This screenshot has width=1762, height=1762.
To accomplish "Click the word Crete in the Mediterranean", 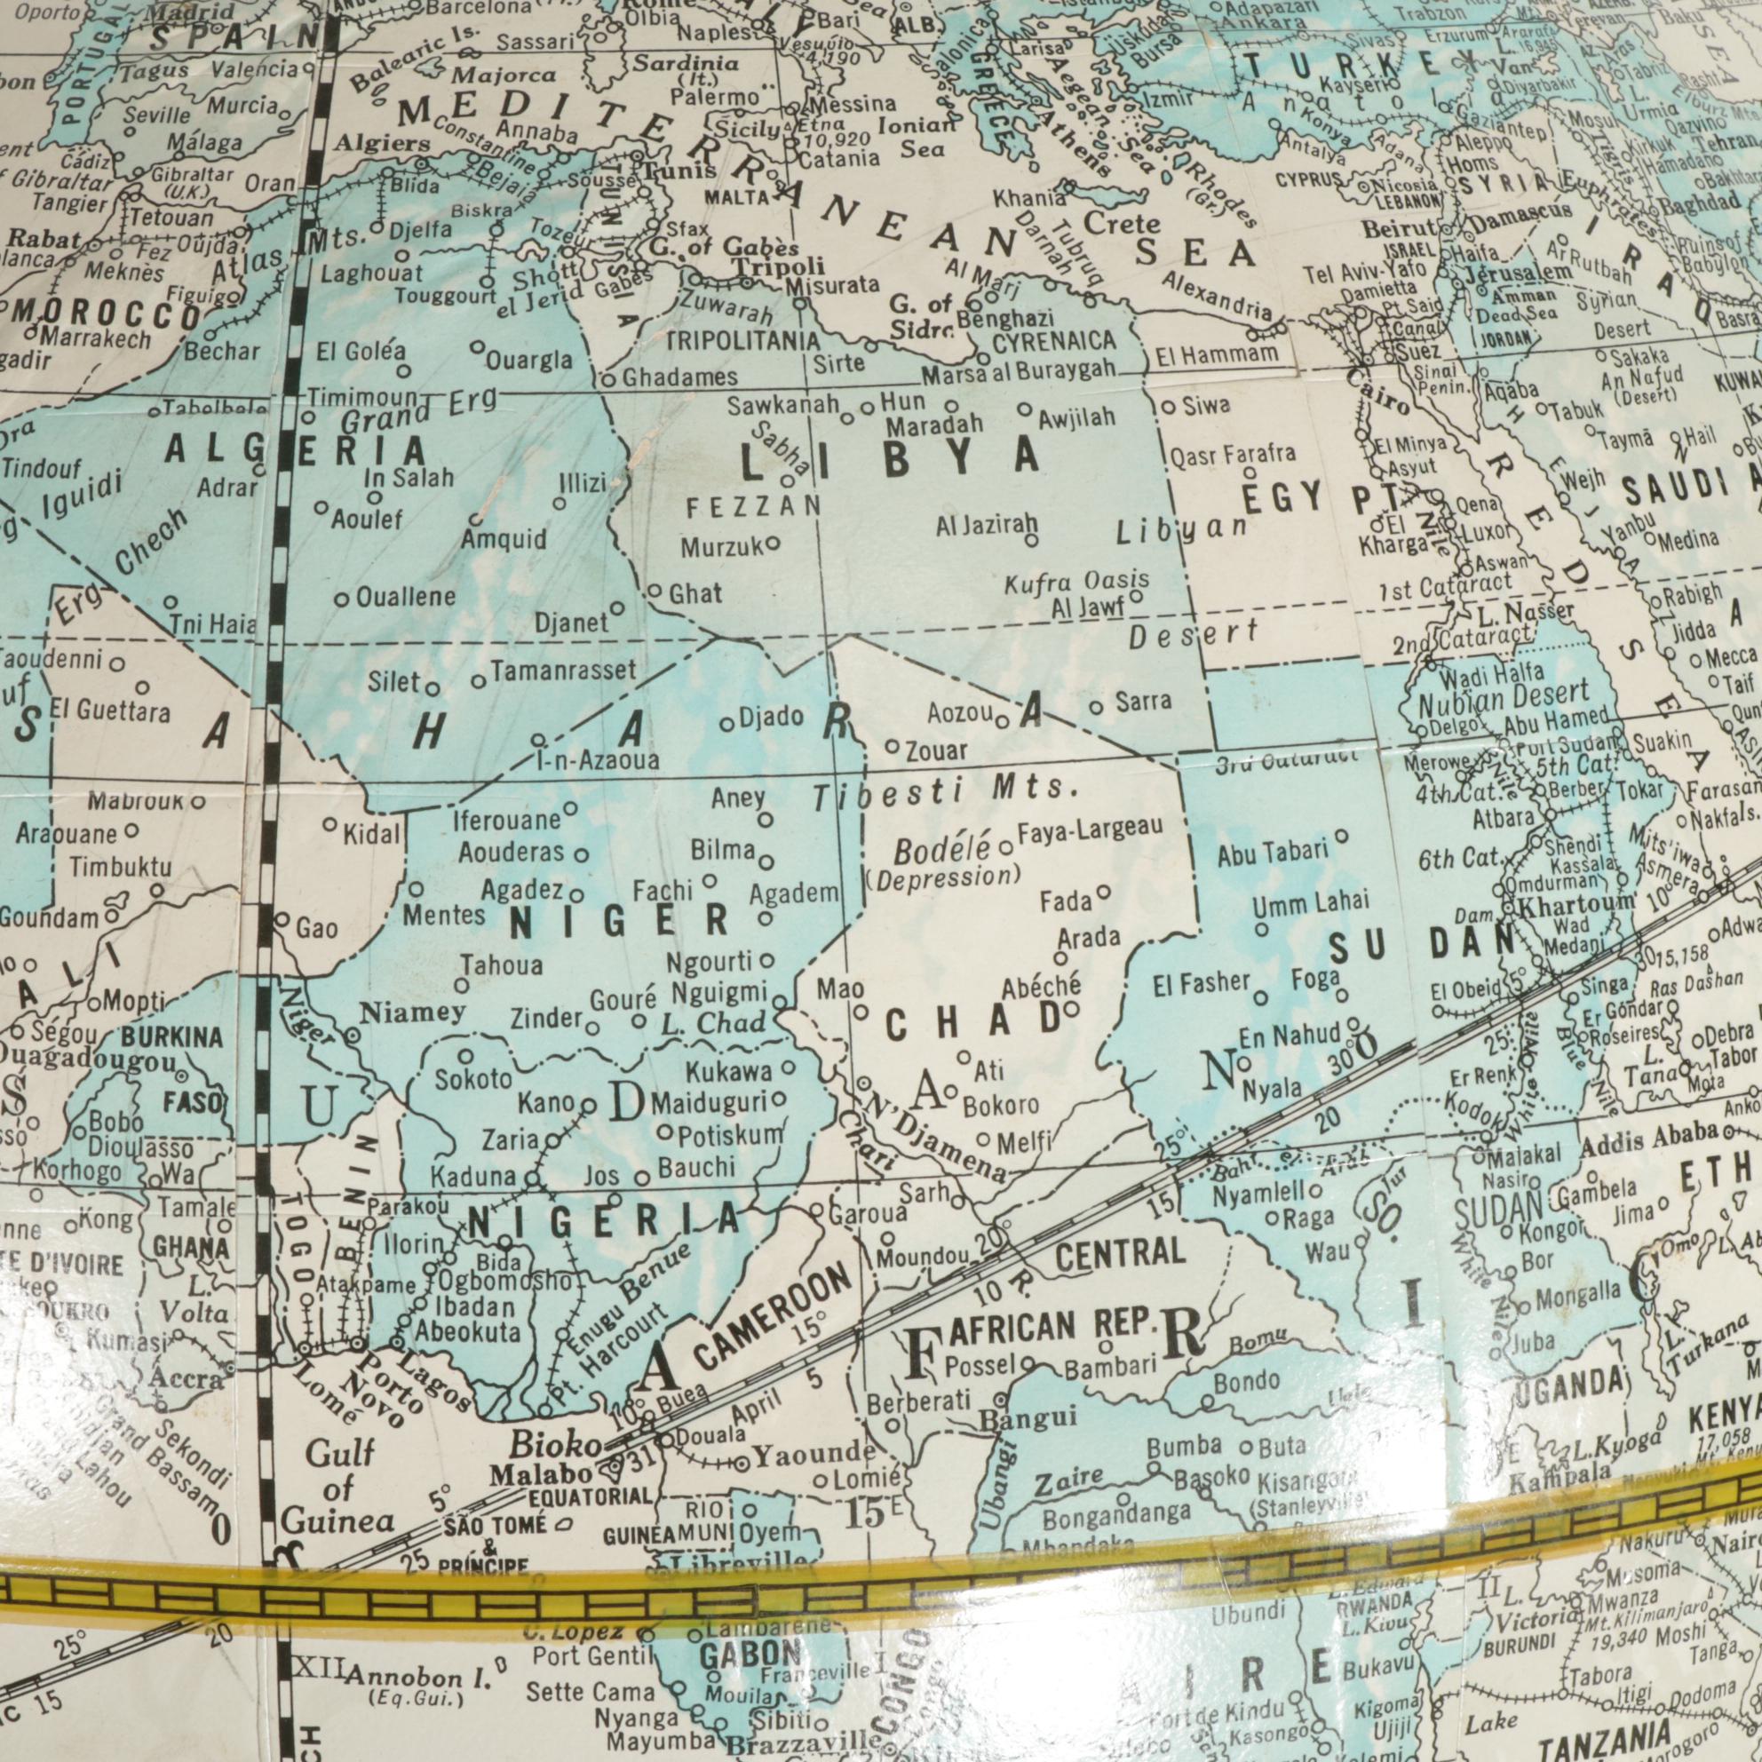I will click(x=1121, y=224).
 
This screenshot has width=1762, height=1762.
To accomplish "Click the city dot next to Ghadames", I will click(x=609, y=378).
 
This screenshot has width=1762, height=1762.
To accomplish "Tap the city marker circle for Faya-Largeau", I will click(x=1006, y=848).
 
